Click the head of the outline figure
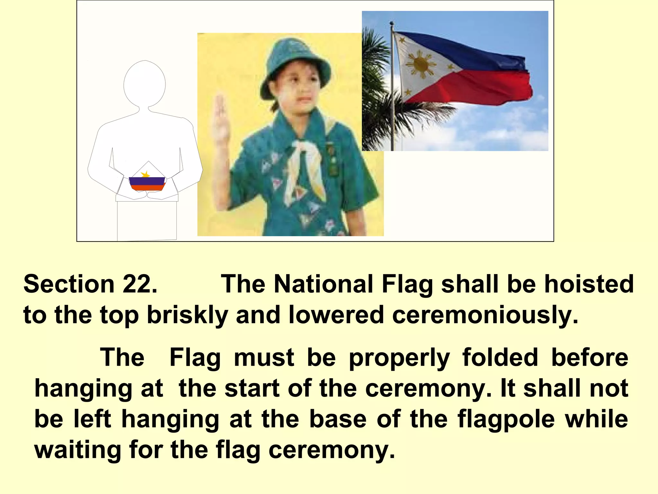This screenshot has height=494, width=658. coord(145,84)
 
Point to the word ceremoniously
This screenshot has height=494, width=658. coord(485,315)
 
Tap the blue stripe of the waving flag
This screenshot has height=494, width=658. coord(466,51)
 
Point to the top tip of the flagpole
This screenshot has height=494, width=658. coord(391,23)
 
